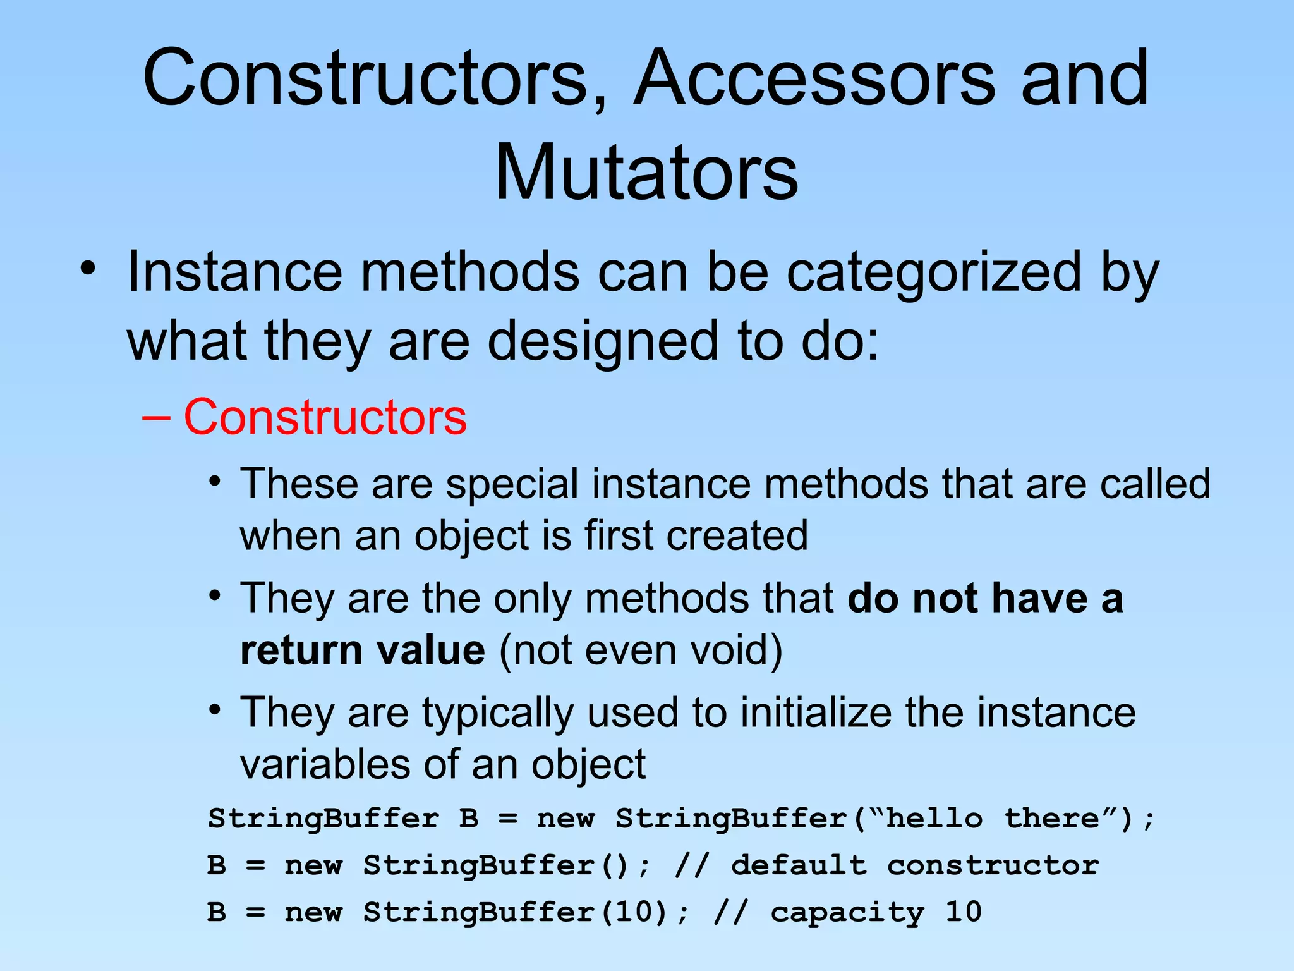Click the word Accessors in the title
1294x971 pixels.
click(x=815, y=78)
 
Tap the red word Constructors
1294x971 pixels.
click(x=325, y=417)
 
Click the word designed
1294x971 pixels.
click(x=603, y=341)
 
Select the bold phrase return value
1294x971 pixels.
click(x=363, y=650)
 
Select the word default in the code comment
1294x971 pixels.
click(x=799, y=865)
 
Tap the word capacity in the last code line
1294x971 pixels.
click(x=847, y=912)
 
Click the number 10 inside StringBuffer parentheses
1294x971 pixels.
click(x=632, y=912)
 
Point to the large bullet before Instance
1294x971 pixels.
click(x=88, y=269)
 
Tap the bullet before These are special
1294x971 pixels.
click(x=215, y=482)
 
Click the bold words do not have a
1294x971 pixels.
click(x=984, y=599)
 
